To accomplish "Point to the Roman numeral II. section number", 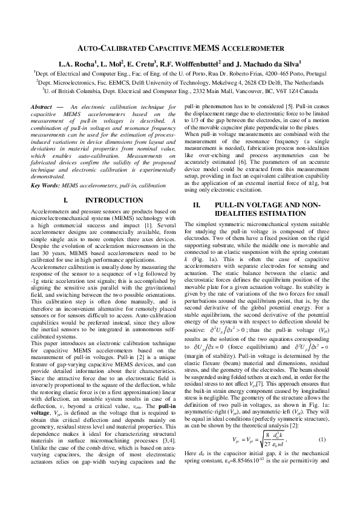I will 196,206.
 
